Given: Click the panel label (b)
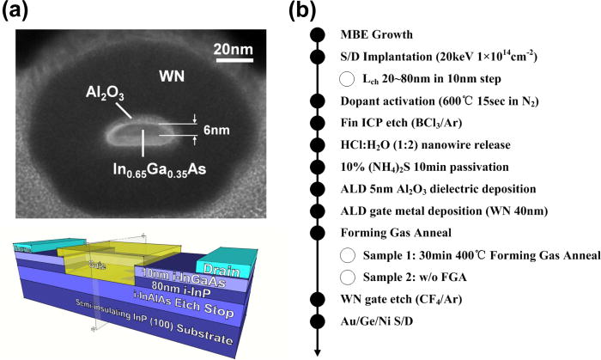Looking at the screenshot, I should tap(319, 12).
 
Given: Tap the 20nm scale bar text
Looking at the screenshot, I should tap(233, 48).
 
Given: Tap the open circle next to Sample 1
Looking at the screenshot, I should tap(348, 255).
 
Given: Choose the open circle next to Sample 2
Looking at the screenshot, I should tap(348, 278).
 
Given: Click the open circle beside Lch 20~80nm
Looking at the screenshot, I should tap(348, 79).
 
